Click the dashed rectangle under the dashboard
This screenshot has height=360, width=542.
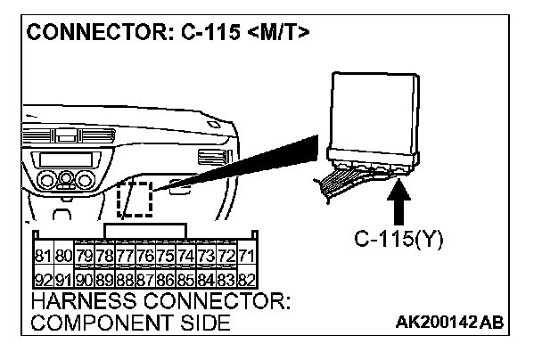(x=137, y=199)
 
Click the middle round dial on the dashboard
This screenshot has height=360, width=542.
(x=64, y=179)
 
